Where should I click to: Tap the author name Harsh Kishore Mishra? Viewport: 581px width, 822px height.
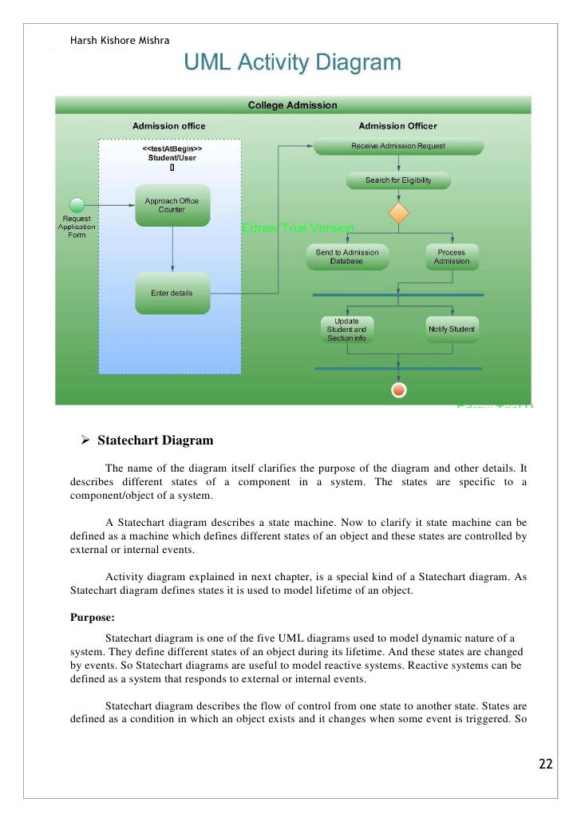120,41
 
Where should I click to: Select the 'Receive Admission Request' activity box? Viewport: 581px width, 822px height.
398,146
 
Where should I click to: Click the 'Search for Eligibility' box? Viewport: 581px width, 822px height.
398,180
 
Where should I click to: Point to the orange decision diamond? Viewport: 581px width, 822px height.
398,214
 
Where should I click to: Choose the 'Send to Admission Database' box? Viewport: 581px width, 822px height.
346,257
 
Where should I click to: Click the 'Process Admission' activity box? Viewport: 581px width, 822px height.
452,257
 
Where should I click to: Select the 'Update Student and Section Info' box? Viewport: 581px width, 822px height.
346,330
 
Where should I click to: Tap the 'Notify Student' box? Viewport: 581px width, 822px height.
452,330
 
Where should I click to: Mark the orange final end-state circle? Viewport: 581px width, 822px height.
398,389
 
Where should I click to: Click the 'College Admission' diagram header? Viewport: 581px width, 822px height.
292,105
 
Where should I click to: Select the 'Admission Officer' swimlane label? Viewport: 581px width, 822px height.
397,126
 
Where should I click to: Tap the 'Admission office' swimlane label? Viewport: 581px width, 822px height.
168,126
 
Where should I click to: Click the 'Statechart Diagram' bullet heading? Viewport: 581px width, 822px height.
155,441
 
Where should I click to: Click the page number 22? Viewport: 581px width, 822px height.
545,765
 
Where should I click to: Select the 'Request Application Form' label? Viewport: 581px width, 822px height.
77,227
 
